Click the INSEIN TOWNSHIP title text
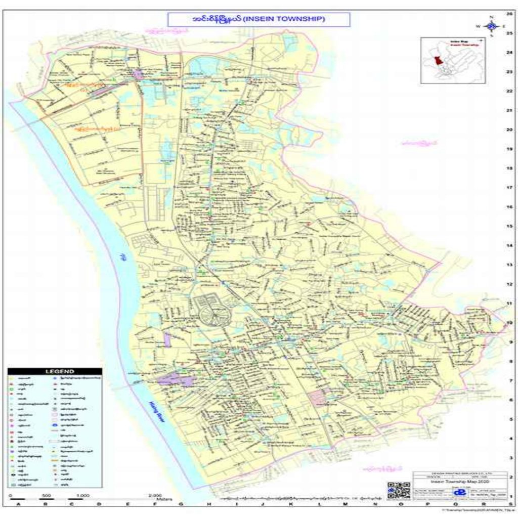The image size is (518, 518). [x=258, y=19]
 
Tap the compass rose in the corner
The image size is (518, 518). [x=491, y=26]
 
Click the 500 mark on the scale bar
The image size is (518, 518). [x=46, y=496]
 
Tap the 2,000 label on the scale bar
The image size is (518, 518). [x=155, y=496]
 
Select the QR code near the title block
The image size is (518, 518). [x=399, y=490]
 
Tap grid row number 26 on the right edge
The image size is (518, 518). [x=510, y=15]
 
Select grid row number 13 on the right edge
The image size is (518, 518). [x=510, y=265]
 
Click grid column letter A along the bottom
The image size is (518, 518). [x=19, y=504]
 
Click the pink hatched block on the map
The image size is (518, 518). [x=319, y=398]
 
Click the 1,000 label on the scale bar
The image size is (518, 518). [x=83, y=496]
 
